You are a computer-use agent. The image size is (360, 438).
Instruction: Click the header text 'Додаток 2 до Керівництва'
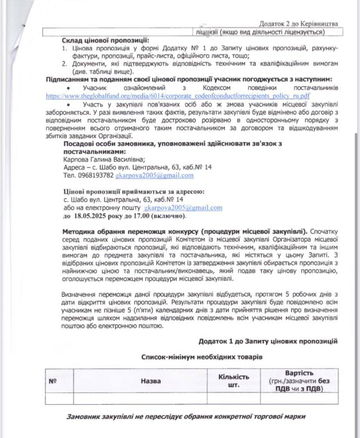299,23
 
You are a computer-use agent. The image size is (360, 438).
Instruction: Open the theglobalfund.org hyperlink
178,96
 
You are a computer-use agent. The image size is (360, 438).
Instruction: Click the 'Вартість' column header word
299,373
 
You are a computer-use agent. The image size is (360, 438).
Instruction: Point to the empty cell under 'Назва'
139,398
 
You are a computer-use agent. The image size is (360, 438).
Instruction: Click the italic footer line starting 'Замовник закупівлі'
186,416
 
